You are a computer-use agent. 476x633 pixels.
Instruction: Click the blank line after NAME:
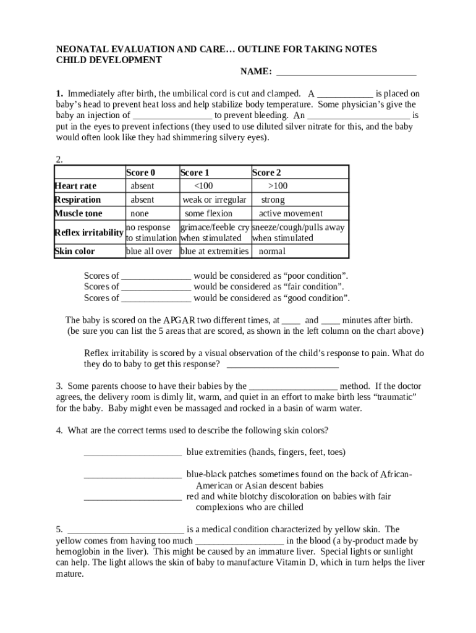tap(346, 72)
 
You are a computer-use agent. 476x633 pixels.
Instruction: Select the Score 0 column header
tap(140, 172)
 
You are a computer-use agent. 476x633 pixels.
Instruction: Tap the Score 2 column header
tap(266, 172)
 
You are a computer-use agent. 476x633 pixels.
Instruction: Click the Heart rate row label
tap(75, 186)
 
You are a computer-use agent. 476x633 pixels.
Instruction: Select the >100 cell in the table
tap(278, 186)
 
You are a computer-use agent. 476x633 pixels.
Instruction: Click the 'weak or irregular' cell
tap(214, 200)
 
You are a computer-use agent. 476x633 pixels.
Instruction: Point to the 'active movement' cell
tap(291, 213)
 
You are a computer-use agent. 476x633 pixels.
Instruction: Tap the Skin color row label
tap(75, 251)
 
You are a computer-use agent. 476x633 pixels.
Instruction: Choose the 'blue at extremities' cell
tap(214, 251)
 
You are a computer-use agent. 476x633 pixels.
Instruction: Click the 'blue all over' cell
tap(149, 251)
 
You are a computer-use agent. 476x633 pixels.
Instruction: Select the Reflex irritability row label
tap(88, 232)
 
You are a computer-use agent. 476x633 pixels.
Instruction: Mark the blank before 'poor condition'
tap(156, 276)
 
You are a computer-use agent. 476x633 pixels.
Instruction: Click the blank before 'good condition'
tap(156, 299)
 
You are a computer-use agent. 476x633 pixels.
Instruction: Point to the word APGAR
tap(180, 320)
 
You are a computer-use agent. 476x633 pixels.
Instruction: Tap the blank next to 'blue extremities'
tap(132, 452)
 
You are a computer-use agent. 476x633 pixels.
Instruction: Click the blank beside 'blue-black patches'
tap(132, 475)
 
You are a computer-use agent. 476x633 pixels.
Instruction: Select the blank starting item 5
tap(125, 530)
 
